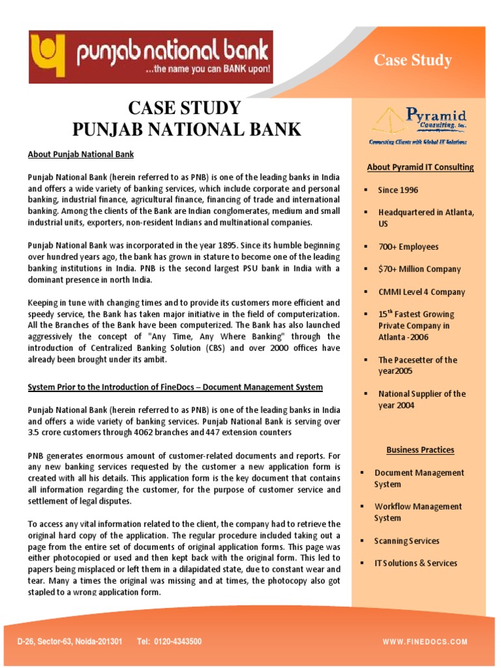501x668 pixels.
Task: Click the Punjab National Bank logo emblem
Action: click(x=52, y=55)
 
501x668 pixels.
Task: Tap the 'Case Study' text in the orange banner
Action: click(x=412, y=61)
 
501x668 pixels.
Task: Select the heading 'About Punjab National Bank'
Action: click(x=81, y=155)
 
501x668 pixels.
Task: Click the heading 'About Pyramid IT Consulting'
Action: click(x=420, y=167)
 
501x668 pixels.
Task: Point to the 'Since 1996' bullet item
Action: click(x=398, y=190)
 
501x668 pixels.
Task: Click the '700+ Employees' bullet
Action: click(x=408, y=247)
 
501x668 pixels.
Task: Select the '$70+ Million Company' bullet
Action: click(x=419, y=269)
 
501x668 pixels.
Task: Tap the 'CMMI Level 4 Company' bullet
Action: click(x=421, y=292)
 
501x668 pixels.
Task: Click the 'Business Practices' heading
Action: click(x=420, y=449)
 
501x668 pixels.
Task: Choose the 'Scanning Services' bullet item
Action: click(x=406, y=541)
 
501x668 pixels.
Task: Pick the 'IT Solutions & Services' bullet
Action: click(x=416, y=563)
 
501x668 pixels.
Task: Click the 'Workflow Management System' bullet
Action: click(x=417, y=512)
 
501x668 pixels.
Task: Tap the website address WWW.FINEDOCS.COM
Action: click(x=425, y=642)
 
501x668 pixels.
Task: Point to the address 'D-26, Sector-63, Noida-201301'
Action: click(x=70, y=642)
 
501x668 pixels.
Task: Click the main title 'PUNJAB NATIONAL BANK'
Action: click(x=187, y=129)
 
